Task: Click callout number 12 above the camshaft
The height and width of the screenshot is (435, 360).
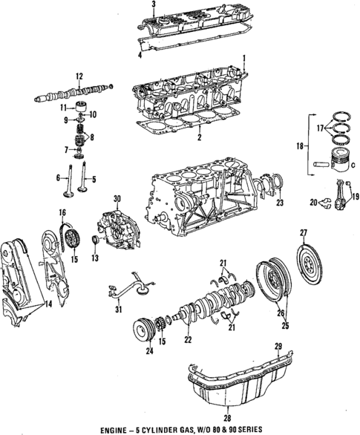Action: tap(79, 74)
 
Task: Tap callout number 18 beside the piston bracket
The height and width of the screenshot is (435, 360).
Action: tap(300, 147)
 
